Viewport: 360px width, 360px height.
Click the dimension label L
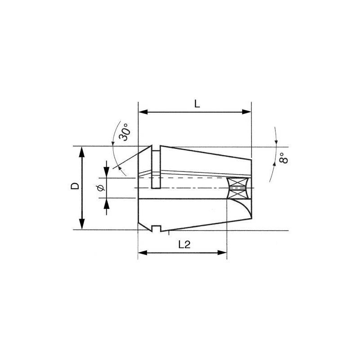pyautogui.click(x=197, y=103)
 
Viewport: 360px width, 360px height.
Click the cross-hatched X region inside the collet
pyautogui.click(x=238, y=188)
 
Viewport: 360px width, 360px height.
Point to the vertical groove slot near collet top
pyautogui.click(x=155, y=169)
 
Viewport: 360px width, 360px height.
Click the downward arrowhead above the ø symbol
pyautogui.click(x=107, y=174)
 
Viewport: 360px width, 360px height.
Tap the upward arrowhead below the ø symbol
pyautogui.click(x=107, y=202)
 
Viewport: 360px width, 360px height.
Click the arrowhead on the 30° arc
pyautogui.click(x=116, y=167)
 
